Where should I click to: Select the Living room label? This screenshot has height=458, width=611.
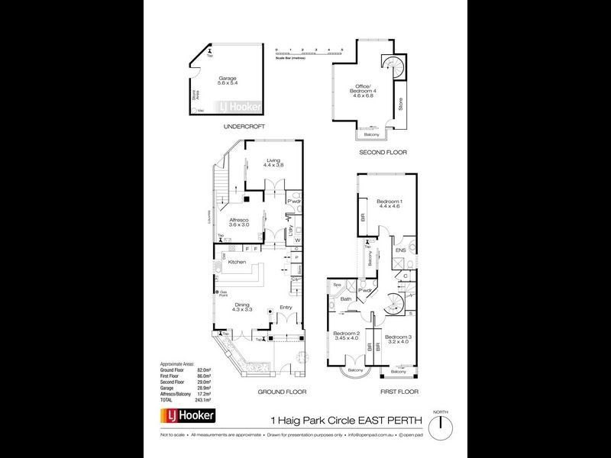coord(273,162)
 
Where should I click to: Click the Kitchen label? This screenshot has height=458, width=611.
coord(236,263)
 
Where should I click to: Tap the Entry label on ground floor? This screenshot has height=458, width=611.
coord(286,308)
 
